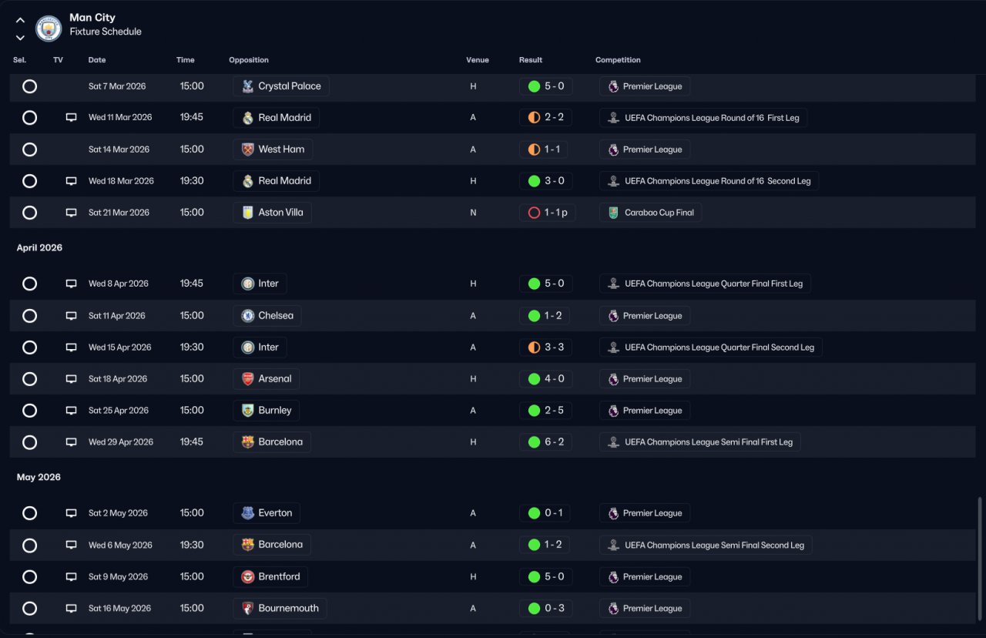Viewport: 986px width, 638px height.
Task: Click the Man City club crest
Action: [x=49, y=29]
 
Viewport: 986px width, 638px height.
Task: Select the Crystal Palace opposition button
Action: [x=281, y=86]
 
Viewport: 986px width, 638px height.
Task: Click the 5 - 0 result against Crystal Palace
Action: [x=545, y=86]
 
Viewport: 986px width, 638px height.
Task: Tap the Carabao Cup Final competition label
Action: [x=651, y=213]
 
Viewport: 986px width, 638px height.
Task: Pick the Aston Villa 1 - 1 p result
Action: [x=547, y=213]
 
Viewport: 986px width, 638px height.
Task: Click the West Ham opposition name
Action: [x=281, y=149]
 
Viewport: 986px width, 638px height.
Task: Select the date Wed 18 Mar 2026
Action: [x=121, y=181]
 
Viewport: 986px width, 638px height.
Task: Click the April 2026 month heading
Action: [x=39, y=248]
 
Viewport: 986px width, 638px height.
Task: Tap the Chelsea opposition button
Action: [x=267, y=316]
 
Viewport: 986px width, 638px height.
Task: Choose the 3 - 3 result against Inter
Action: [x=545, y=348]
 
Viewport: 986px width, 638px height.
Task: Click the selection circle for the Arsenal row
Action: [x=29, y=379]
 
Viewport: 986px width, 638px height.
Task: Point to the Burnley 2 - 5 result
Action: [x=545, y=411]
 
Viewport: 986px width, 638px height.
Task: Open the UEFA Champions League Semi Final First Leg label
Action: [x=700, y=442]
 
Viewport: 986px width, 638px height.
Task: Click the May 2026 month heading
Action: [x=39, y=478]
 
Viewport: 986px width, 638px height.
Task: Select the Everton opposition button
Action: [x=267, y=513]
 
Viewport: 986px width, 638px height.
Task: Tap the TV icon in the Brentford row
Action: [x=72, y=577]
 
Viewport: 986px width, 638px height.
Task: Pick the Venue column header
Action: [x=477, y=60]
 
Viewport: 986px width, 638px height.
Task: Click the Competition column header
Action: [x=618, y=60]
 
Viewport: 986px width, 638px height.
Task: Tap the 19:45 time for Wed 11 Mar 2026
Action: [x=192, y=118]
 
